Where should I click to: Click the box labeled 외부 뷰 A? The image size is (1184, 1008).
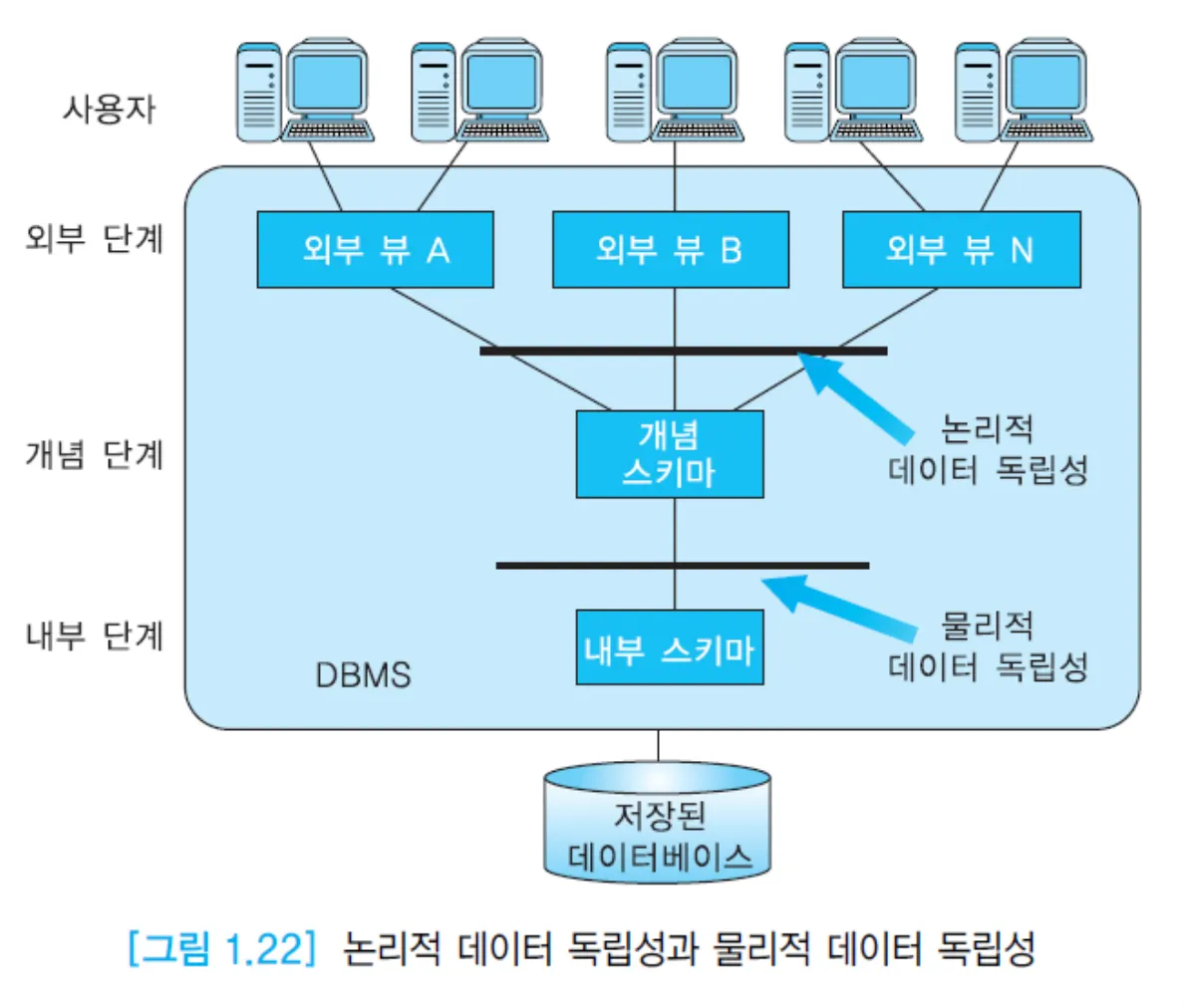coord(375,250)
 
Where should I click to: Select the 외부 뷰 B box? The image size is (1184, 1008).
coord(670,250)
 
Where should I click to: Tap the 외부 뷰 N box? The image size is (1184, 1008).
coord(961,250)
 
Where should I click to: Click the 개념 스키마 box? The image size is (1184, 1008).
coord(670,454)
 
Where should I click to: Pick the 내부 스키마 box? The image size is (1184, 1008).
coord(670,647)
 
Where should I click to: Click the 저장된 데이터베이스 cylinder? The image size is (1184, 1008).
coord(658,825)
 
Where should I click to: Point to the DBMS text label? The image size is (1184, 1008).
coord(363,675)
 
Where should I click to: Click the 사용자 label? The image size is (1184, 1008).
coord(110,108)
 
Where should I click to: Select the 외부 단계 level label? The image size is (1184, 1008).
coord(95,239)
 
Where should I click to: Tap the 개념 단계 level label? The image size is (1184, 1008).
coord(95,454)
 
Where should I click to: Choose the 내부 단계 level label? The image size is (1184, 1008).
coord(95,635)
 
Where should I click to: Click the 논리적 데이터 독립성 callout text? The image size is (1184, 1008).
coord(987,449)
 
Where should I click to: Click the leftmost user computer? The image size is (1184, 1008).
coord(304,92)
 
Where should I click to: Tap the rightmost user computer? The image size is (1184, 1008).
coord(1023,92)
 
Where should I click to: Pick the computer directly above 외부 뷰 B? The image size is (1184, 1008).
coord(674,92)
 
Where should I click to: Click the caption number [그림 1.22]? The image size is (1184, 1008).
coord(221,947)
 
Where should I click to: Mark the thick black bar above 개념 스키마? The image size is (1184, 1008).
coord(683,351)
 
